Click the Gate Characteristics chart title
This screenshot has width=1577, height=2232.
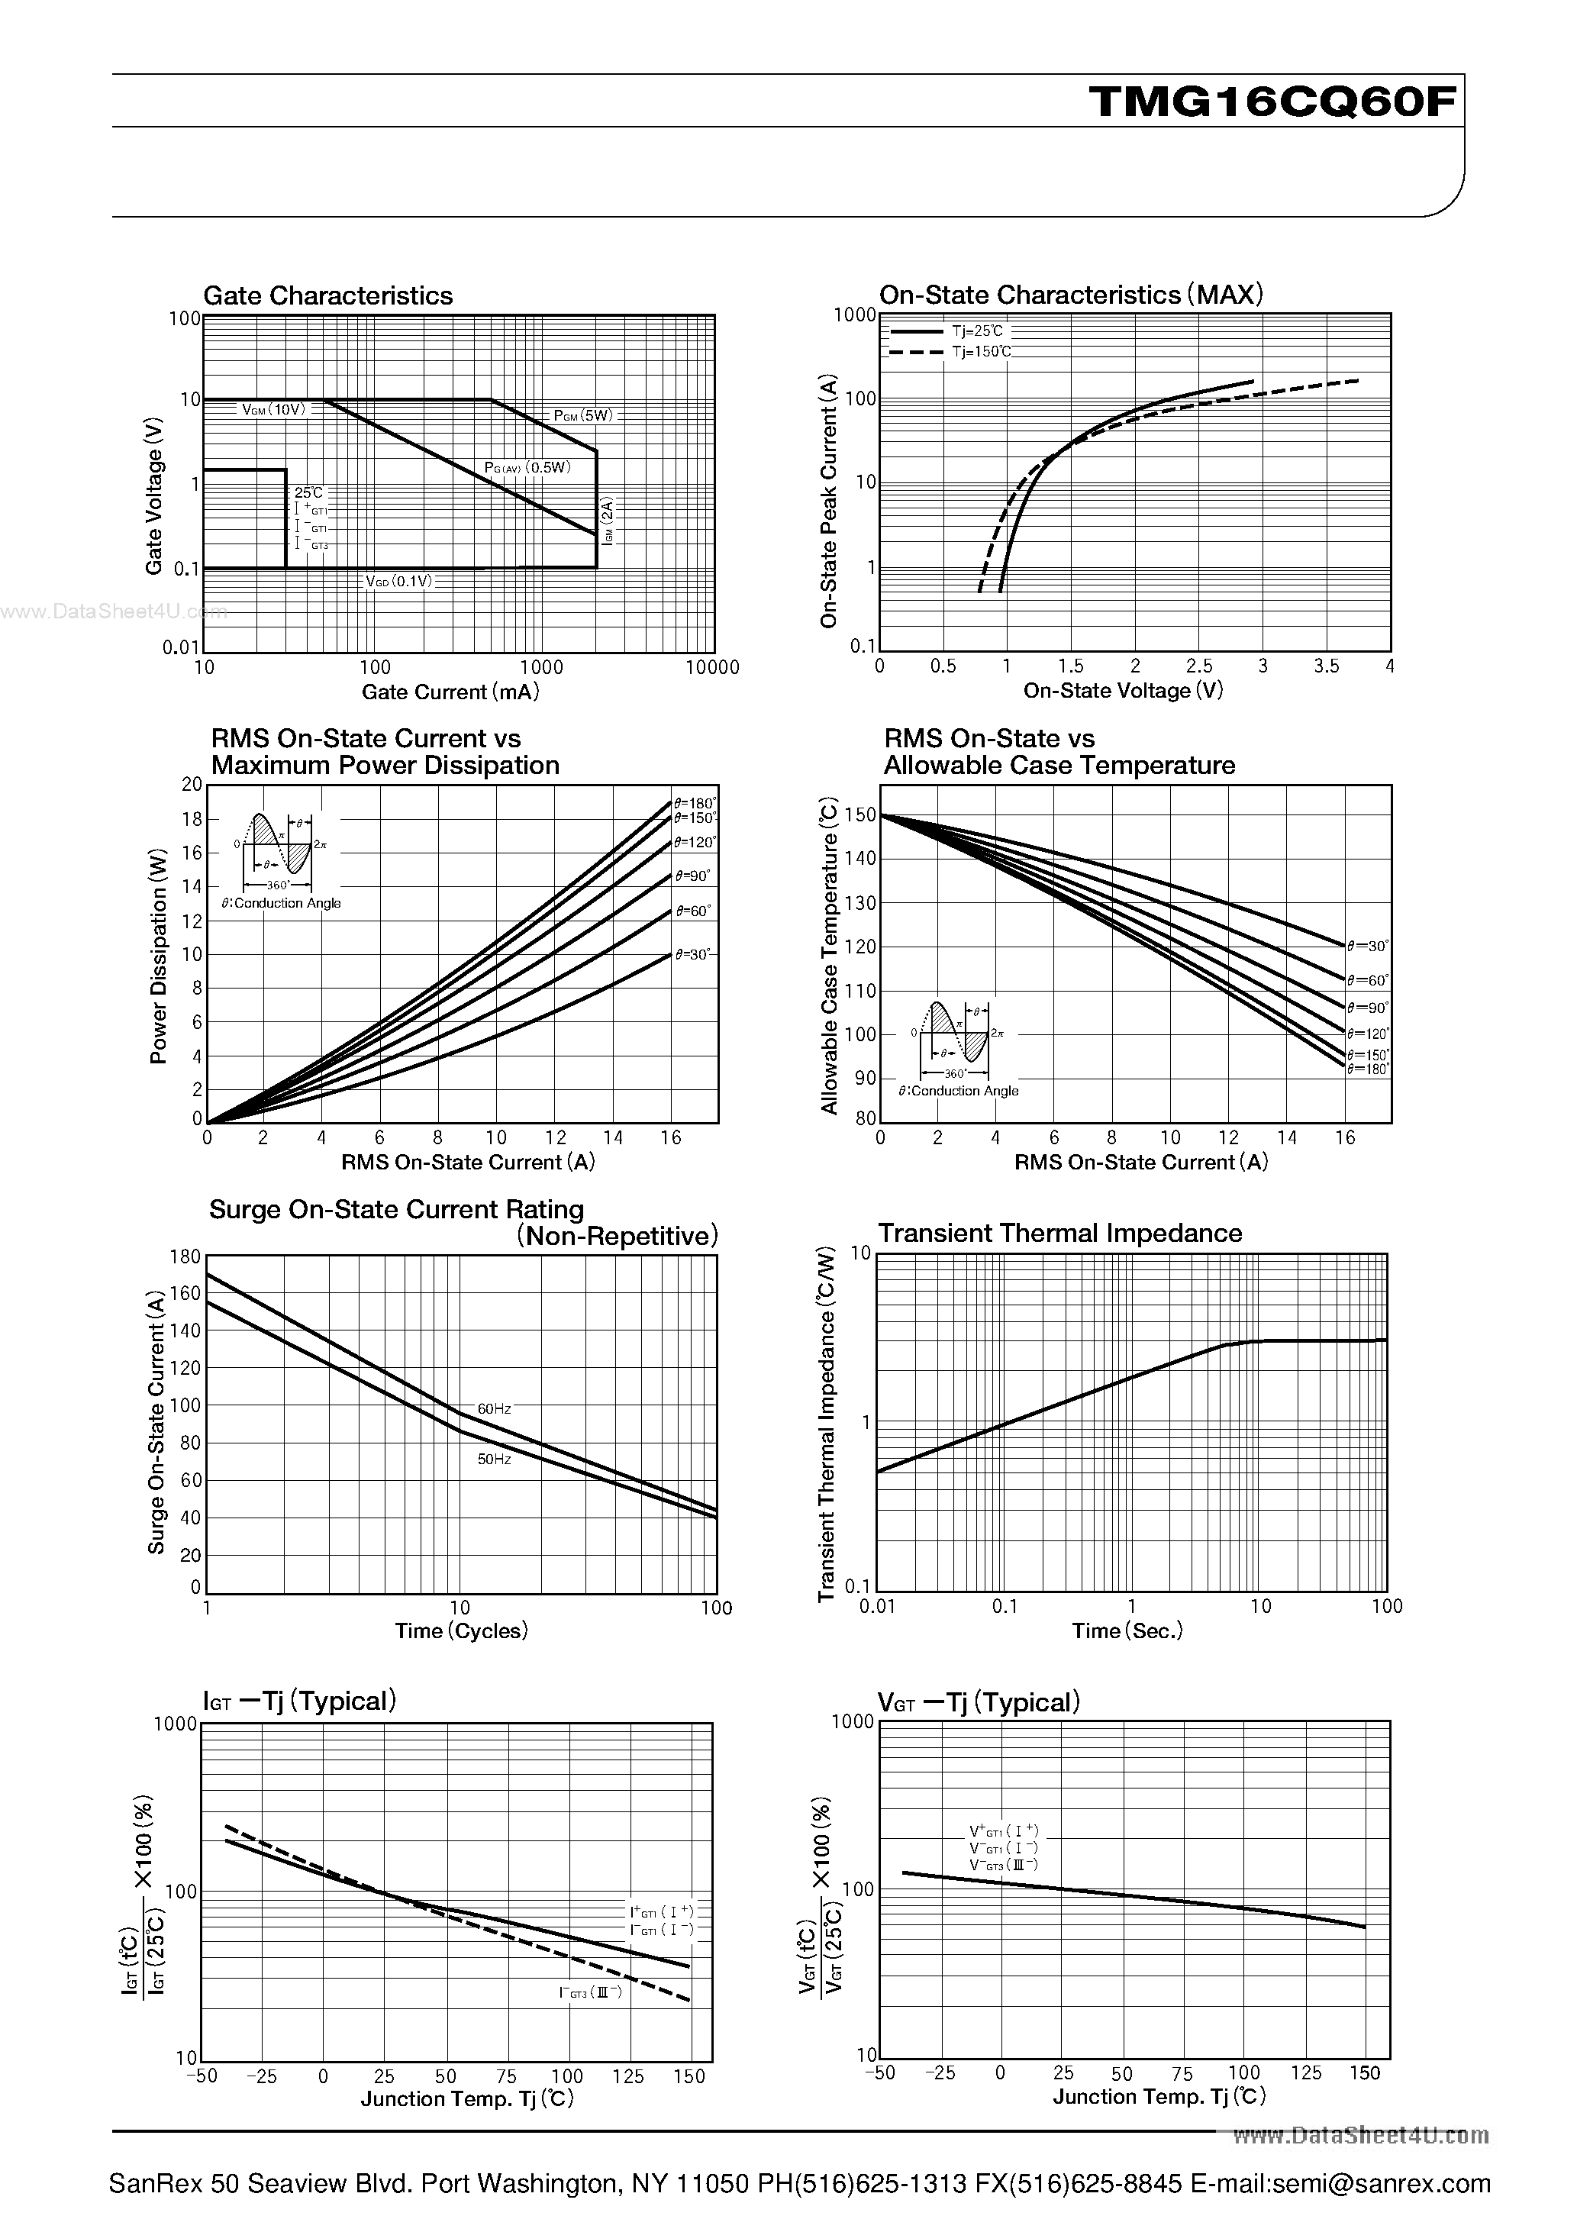pos(327,295)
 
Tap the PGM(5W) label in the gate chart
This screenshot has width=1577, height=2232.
pos(583,415)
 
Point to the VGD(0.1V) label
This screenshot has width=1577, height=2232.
pos(398,582)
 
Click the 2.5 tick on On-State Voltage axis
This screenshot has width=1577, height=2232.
pos(1199,666)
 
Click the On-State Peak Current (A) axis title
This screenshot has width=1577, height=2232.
pos(828,501)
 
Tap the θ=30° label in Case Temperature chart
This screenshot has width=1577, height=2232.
pos(1368,945)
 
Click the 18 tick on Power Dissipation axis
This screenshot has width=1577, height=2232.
pos(192,820)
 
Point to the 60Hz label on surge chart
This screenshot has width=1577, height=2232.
pos(494,1408)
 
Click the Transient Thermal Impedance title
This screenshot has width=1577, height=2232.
pos(1059,1233)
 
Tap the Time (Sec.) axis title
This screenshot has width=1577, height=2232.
pos(1127,1630)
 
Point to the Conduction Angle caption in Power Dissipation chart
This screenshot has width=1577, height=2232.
pos(281,903)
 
